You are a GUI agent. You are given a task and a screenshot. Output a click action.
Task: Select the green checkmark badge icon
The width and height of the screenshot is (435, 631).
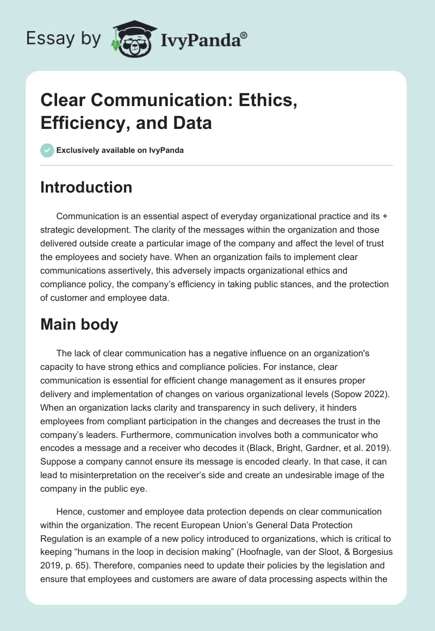pos(47,151)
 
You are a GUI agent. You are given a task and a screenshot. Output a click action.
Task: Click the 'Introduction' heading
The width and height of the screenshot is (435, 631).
pos(86,187)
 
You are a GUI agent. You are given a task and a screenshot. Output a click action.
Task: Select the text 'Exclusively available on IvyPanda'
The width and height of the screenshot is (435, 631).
pos(121,151)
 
